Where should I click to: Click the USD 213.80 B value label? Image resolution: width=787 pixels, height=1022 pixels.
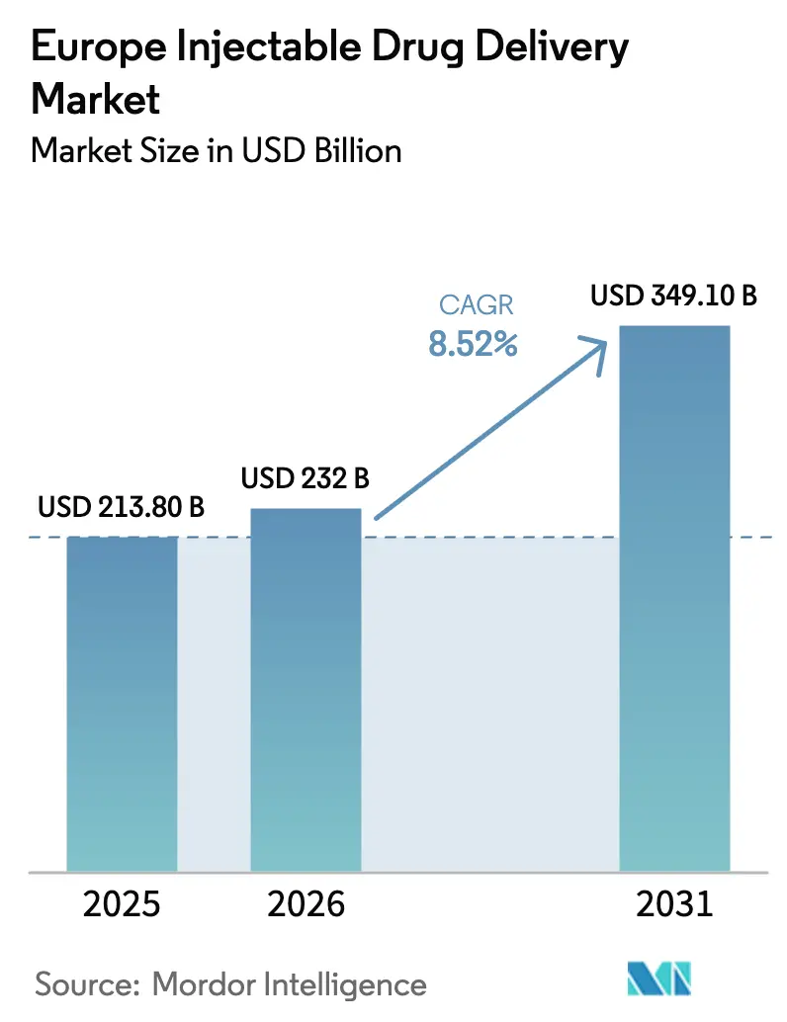tap(122, 509)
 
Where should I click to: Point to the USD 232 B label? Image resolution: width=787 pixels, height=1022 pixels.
tap(306, 480)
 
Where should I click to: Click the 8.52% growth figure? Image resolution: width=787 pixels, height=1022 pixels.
tap(473, 344)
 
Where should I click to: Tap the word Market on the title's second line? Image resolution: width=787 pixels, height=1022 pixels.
tap(96, 99)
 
